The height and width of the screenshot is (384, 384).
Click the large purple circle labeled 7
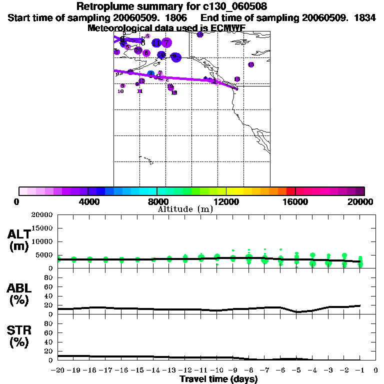point(166,43)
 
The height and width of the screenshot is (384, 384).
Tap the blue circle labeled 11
point(156,43)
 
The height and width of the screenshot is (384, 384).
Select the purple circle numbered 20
point(138,50)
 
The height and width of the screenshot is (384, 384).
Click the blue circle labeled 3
point(150,74)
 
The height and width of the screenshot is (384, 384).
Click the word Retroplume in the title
point(100,6)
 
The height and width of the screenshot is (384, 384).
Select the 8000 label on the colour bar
point(157,202)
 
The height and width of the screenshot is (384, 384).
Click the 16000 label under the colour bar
point(295,202)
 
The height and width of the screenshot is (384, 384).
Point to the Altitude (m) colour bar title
point(185,209)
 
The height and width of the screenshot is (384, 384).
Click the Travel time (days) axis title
point(218,379)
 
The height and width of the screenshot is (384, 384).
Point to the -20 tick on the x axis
point(58,370)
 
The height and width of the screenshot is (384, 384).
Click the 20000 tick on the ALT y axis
point(42,215)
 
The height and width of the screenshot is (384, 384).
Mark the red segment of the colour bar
point(290,191)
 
